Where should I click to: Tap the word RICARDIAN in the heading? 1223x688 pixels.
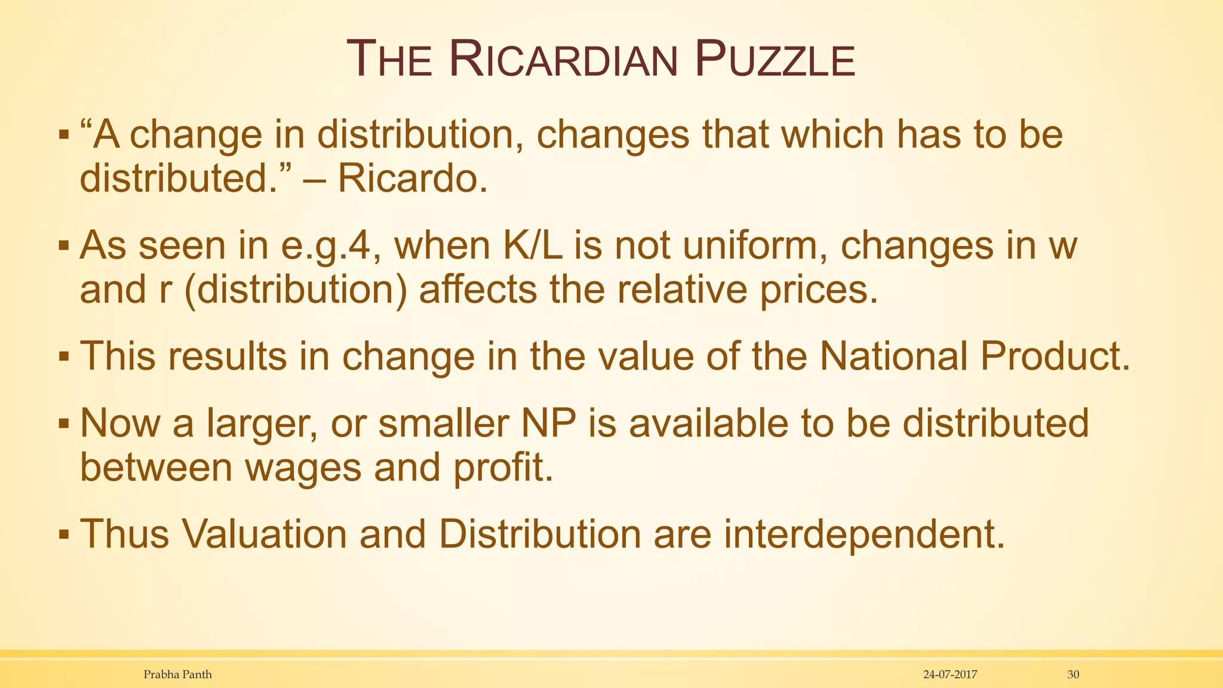point(563,60)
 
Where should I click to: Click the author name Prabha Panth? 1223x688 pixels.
point(177,675)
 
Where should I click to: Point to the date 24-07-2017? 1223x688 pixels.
point(949,675)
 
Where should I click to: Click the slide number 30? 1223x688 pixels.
point(1073,675)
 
